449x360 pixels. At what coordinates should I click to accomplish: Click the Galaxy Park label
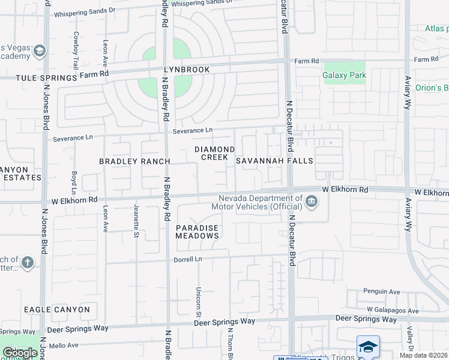pos(344,75)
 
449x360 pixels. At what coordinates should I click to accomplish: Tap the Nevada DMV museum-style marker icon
pos(312,202)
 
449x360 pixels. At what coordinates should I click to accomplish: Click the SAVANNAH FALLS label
pos(274,161)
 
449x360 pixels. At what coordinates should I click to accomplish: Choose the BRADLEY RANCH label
pos(134,161)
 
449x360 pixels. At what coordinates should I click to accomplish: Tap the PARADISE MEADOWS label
pos(197,232)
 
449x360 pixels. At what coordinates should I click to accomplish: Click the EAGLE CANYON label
pos(57,310)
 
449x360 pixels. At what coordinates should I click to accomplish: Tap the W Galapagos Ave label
pos(393,310)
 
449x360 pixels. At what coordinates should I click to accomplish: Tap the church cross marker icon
pos(26,262)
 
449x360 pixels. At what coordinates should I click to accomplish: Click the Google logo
pos(19,353)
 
